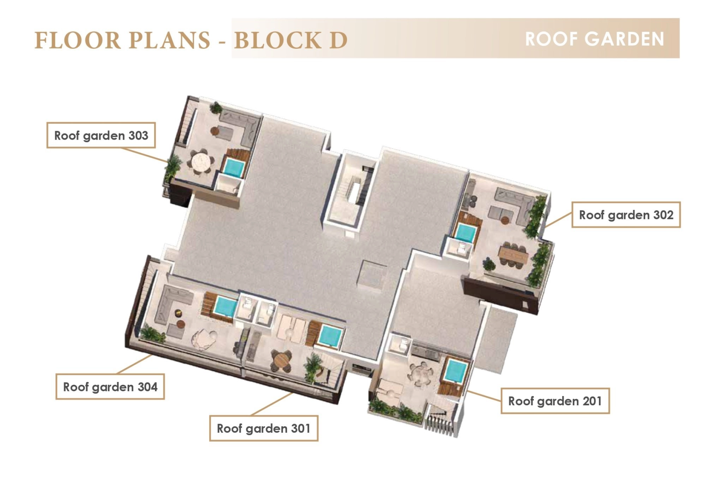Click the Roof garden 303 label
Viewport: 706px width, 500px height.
pyautogui.click(x=101, y=135)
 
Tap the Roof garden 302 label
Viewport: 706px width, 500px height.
pyautogui.click(x=626, y=215)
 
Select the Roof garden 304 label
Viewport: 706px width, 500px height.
pyautogui.click(x=110, y=387)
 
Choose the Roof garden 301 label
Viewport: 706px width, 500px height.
pyautogui.click(x=264, y=428)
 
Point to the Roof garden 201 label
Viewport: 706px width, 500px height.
pyautogui.click(x=555, y=401)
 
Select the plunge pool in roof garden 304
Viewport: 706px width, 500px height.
pyautogui.click(x=225, y=307)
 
